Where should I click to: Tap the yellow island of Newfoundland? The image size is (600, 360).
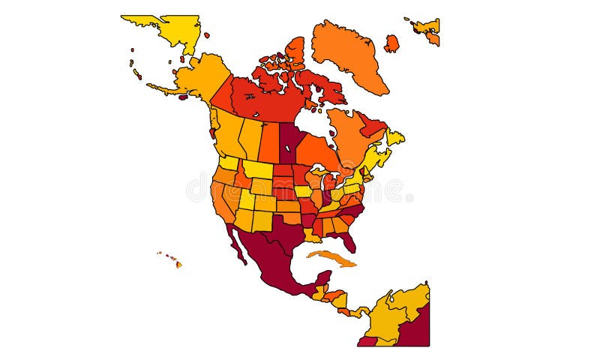(x=395, y=138)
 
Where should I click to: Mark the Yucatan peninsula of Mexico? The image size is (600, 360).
(x=322, y=280)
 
